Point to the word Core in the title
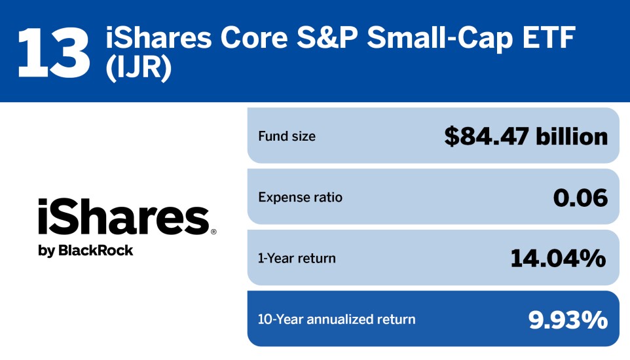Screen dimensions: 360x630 coord(249,40)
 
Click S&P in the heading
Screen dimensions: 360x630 coord(326,40)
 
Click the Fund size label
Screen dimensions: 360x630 coord(287,137)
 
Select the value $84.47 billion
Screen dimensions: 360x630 coord(526,136)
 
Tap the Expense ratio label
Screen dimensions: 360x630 coord(300,197)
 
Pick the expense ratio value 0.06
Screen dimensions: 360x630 coord(580,197)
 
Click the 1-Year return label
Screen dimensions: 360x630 coord(297,258)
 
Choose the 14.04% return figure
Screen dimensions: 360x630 coord(558,258)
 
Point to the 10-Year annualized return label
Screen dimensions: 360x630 coord(337,319)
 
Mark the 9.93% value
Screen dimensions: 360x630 coord(567,319)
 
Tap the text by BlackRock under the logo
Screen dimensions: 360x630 coord(85,250)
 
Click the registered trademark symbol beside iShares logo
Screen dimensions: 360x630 coord(213,232)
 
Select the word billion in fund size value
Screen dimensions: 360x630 coord(572,136)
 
